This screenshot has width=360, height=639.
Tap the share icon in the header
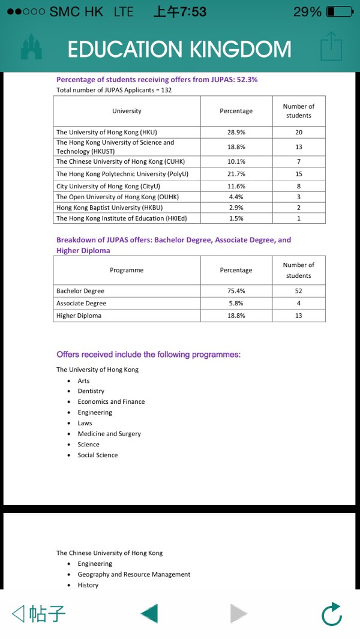click(331, 47)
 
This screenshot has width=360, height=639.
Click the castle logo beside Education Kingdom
click(32, 47)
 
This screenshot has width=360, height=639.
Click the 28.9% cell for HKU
click(236, 132)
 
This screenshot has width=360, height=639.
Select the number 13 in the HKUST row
click(299, 146)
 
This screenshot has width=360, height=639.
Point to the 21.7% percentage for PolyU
click(236, 173)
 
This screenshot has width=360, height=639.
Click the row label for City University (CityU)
click(108, 186)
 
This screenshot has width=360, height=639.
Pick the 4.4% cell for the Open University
click(236, 197)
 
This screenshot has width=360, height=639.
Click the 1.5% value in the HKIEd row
click(236, 218)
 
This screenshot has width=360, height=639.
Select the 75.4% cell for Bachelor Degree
click(236, 291)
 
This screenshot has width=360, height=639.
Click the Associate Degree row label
click(81, 304)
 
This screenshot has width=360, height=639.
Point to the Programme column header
click(127, 270)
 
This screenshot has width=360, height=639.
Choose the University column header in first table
click(127, 111)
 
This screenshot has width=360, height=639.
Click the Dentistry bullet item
click(91, 391)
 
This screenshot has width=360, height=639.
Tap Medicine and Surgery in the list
click(109, 434)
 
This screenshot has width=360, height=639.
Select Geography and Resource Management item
click(134, 574)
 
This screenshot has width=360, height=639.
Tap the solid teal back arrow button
click(149, 614)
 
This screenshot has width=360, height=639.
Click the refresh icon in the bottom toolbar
click(331, 614)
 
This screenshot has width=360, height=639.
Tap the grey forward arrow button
click(238, 614)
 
